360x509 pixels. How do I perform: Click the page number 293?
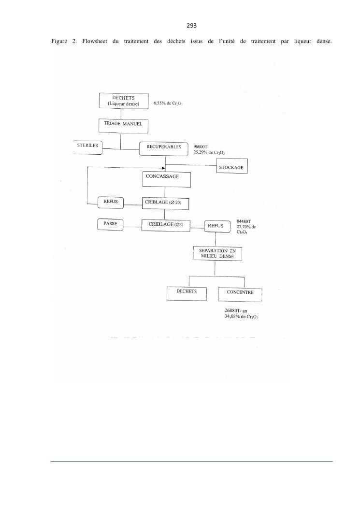point(180,25)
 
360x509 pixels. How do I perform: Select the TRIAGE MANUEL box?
point(123,125)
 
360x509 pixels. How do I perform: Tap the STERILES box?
point(87,147)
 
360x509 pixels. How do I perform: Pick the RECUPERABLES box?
point(163,148)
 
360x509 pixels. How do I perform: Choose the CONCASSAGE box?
point(166,179)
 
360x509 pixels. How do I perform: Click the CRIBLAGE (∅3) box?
point(166,225)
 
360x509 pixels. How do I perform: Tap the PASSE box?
point(111,224)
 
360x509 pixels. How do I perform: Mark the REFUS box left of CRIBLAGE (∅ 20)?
point(111,203)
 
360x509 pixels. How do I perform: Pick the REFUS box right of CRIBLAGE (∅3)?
point(216,226)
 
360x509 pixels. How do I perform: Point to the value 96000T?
point(200,146)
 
